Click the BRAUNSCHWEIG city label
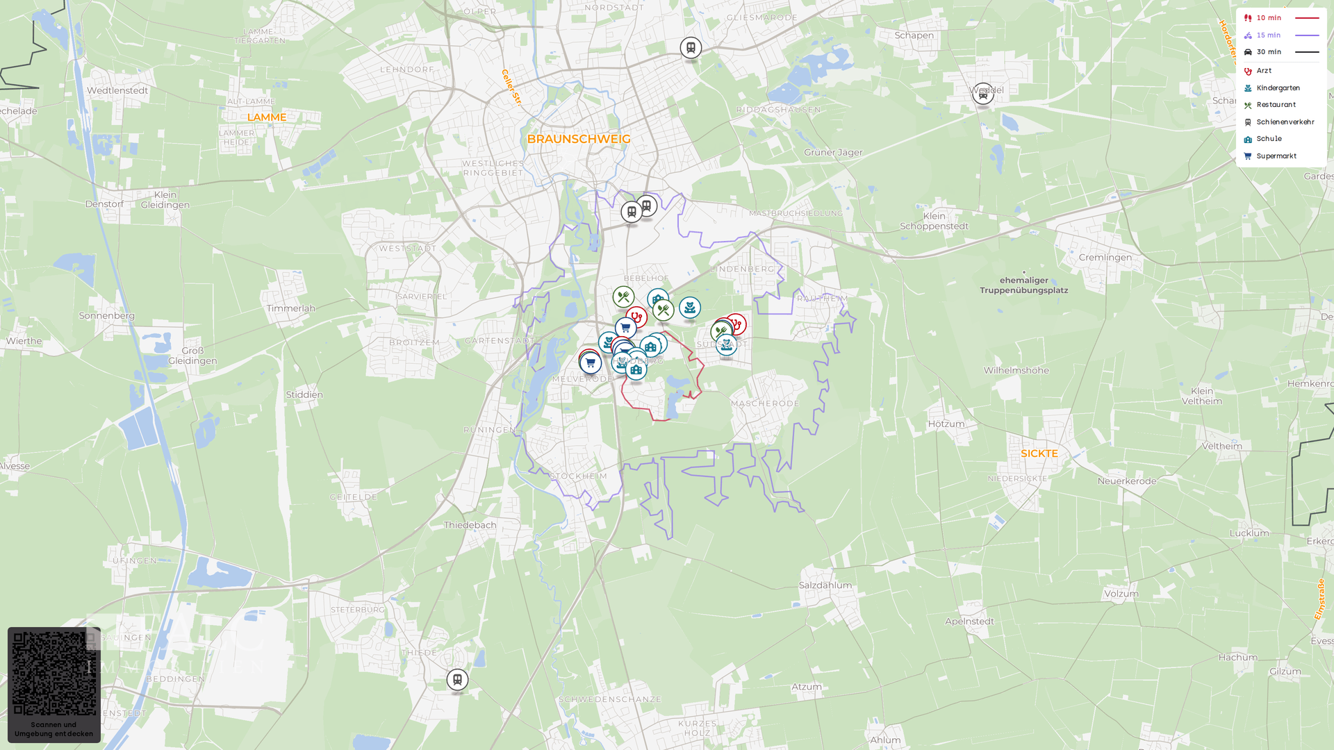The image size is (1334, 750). tap(579, 139)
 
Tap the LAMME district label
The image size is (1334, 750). tap(267, 117)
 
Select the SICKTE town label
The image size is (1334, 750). tap(1039, 453)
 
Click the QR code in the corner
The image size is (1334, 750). tap(54, 674)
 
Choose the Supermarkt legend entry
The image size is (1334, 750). tap(1276, 156)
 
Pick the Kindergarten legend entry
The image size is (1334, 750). tap(1277, 88)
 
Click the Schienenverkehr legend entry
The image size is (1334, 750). tap(1284, 122)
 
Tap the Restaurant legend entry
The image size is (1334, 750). tap(1275, 105)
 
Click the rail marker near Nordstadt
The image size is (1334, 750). tap(691, 48)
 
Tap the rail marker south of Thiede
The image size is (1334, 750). tap(457, 679)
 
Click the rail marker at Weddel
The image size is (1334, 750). tap(982, 94)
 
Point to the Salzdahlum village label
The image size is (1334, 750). tap(825, 585)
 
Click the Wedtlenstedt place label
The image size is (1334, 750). tap(117, 90)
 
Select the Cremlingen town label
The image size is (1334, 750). tap(1105, 258)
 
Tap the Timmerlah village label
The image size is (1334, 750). tap(290, 308)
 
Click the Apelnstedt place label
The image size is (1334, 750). tap(969, 622)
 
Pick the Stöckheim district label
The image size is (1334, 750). tap(578, 476)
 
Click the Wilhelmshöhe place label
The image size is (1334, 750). tap(1016, 371)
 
